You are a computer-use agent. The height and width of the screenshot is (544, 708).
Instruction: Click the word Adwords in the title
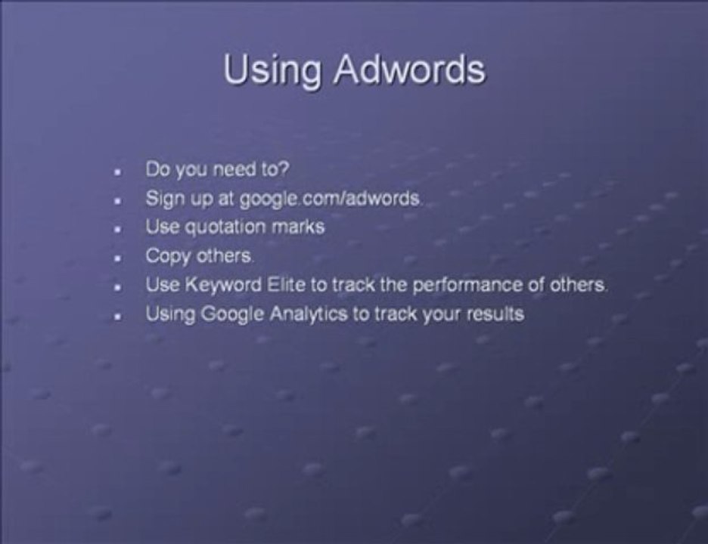tap(408, 70)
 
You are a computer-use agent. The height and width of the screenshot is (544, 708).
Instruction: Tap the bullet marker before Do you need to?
tap(118, 172)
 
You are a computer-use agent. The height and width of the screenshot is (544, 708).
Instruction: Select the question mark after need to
tap(284, 170)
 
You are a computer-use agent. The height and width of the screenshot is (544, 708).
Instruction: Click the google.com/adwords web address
tap(330, 199)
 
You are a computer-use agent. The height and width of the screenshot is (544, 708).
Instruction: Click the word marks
tap(300, 227)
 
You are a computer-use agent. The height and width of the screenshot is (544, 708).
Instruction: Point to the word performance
tap(452, 286)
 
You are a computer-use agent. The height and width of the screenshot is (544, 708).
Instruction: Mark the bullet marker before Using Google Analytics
tap(118, 316)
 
